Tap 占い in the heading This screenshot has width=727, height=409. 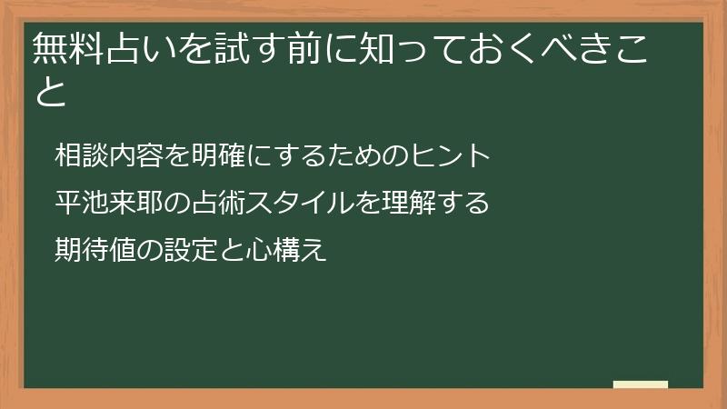click(142, 48)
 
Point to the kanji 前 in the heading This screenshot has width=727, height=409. click(304, 48)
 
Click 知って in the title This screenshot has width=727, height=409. click(413, 48)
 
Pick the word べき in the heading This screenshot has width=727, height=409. click(575, 48)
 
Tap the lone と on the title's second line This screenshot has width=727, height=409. click(51, 92)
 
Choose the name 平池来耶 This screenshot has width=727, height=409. click(109, 202)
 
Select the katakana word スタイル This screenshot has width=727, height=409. click(300, 202)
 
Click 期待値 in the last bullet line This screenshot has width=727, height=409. click(95, 249)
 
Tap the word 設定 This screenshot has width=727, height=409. click(191, 249)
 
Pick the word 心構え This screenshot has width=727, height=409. click(286, 249)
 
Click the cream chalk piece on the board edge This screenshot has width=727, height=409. click(641, 384)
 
